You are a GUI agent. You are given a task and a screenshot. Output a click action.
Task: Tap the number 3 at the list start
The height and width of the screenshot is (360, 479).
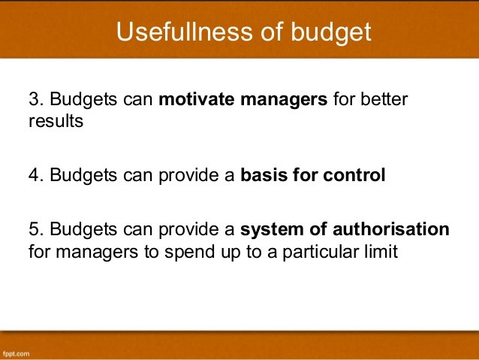tap(32, 101)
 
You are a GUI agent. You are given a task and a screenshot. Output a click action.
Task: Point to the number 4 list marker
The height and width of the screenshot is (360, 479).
tap(32, 176)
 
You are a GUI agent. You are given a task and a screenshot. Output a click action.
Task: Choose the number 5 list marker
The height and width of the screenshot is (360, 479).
tap(32, 230)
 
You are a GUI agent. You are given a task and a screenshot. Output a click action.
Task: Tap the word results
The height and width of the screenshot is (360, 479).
tap(55, 121)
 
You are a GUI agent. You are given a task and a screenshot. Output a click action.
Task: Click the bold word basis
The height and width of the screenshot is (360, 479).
tap(267, 176)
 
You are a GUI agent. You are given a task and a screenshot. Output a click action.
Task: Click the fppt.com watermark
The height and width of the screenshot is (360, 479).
tap(16, 352)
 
